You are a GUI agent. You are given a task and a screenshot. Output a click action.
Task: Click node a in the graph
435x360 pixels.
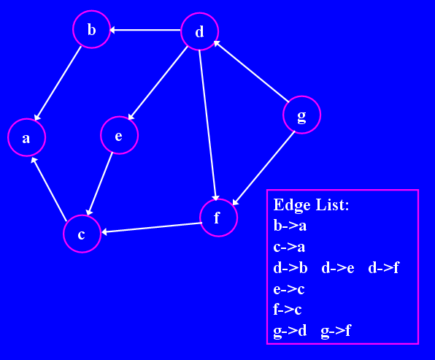click(26, 137)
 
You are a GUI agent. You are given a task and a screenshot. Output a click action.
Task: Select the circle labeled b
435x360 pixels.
click(91, 29)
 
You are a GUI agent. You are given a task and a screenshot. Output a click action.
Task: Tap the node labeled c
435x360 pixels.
click(82, 234)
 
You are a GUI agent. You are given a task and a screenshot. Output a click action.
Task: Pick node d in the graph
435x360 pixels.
click(200, 31)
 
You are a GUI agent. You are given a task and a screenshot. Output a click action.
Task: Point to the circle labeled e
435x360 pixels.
click(119, 135)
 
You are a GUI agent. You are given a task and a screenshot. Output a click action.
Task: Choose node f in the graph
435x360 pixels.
click(219, 218)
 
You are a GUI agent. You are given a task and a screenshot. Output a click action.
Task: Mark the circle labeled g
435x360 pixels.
click(302, 115)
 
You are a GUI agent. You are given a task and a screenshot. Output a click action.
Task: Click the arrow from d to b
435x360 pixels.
click(145, 30)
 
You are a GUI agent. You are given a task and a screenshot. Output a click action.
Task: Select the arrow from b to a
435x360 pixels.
click(58, 83)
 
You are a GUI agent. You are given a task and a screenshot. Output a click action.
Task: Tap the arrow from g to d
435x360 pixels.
click(251, 71)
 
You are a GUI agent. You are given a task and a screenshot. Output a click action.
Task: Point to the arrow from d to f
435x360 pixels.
click(207, 125)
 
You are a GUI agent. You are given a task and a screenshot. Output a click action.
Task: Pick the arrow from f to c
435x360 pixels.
click(152, 228)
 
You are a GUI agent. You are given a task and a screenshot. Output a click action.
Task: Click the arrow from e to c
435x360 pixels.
click(100, 184)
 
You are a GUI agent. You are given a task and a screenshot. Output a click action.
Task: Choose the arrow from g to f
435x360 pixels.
click(263, 168)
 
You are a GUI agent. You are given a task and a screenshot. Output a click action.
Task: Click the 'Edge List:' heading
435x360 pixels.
click(311, 205)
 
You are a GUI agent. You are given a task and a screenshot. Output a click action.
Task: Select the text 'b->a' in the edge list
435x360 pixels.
click(290, 226)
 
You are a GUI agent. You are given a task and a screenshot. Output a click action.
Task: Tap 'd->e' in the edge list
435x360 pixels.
click(338, 268)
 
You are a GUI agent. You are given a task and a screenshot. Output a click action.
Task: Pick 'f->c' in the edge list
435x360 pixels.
click(288, 309)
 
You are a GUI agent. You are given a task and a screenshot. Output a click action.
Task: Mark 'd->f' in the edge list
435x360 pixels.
click(383, 268)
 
